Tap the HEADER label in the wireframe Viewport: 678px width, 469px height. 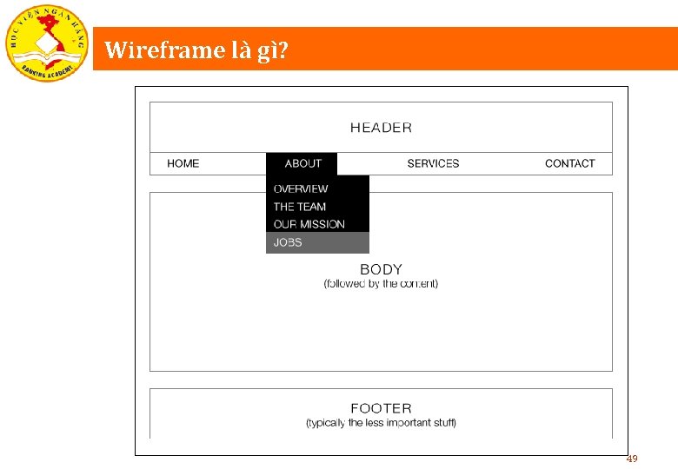381,128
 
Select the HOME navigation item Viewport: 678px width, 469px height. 183,163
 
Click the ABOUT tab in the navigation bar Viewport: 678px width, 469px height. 302,163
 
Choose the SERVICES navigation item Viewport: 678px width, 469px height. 433,163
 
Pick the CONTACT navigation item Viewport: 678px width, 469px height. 569,163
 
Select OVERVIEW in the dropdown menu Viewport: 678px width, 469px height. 301,188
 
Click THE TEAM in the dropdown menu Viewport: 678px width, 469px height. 300,207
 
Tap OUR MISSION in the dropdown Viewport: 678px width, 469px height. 309,224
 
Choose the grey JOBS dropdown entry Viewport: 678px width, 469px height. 288,242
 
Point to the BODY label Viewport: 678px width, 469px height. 381,269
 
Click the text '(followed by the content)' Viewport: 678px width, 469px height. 381,284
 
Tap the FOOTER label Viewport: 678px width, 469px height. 381,408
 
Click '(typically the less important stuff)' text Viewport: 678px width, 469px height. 381,423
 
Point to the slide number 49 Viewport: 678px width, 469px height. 632,459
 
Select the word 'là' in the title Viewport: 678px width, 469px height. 242,51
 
